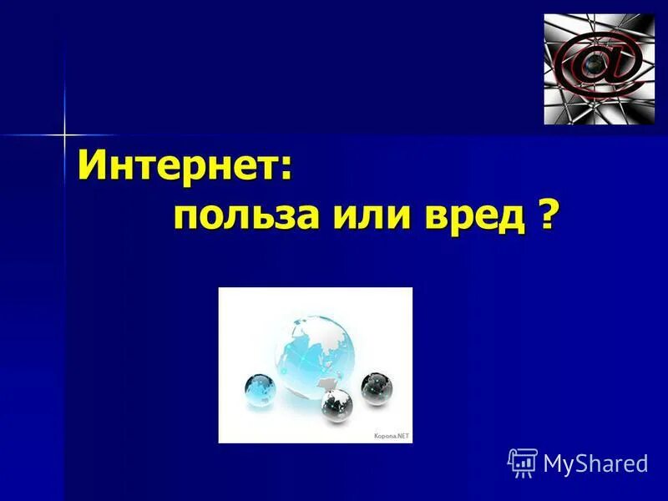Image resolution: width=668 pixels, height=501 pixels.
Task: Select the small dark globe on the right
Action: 377,386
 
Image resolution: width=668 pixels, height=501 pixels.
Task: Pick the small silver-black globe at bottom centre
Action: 337,405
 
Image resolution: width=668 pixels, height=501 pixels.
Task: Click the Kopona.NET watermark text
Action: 391,436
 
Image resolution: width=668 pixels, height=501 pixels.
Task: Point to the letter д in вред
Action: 514,219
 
